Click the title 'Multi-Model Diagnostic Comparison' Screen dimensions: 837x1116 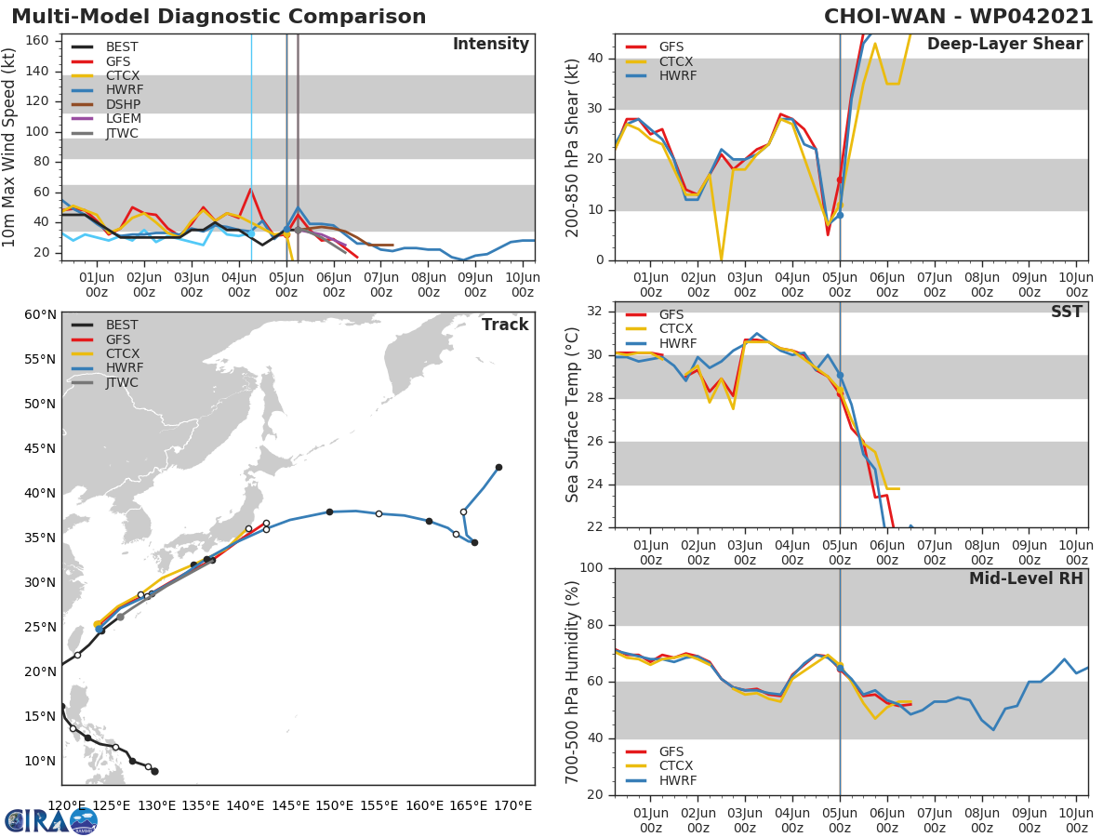pyautogui.click(x=219, y=17)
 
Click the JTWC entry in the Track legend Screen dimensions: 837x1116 pyautogui.click(x=122, y=382)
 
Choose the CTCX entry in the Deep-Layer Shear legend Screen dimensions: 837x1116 pyautogui.click(x=676, y=61)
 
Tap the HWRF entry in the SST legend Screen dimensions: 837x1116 pyautogui.click(x=677, y=343)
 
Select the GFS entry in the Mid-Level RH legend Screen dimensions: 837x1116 pyautogui.click(x=677, y=751)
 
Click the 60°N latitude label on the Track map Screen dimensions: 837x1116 pyautogui.click(x=38, y=314)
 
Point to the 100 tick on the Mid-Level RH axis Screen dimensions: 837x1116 pyautogui.click(x=592, y=568)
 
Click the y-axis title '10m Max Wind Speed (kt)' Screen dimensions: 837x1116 pyautogui.click(x=10, y=147)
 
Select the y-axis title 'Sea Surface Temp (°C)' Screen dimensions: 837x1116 pyautogui.click(x=573, y=415)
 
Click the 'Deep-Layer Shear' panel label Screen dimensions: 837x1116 pyautogui.click(x=1004, y=45)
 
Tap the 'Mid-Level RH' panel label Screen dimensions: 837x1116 pyautogui.click(x=1026, y=578)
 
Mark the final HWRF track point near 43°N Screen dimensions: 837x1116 pyautogui.click(x=498, y=467)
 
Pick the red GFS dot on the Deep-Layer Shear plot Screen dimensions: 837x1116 pyautogui.click(x=839, y=179)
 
